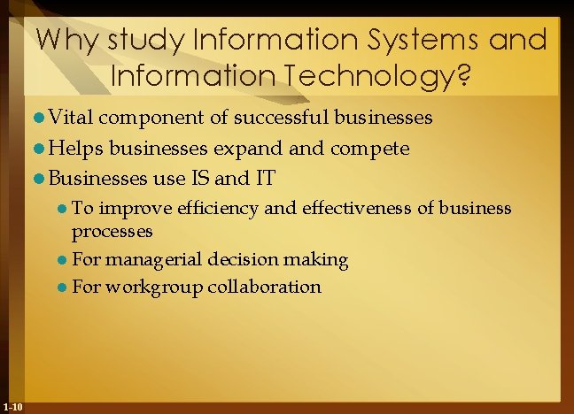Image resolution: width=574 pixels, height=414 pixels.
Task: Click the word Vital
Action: click(74, 117)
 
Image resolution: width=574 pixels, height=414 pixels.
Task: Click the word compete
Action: click(371, 149)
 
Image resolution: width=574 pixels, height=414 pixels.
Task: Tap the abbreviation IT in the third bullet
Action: click(265, 179)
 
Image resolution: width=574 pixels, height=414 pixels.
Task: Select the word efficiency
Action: click(218, 209)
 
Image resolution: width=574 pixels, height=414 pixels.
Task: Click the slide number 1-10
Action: click(13, 406)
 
